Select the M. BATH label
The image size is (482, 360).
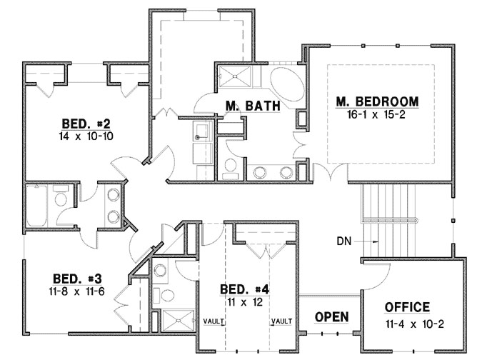pyautogui.click(x=251, y=106)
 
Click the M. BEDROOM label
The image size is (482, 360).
pyautogui.click(x=377, y=101)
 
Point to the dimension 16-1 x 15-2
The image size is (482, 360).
pyautogui.click(x=377, y=114)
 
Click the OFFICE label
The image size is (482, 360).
pyautogui.click(x=407, y=307)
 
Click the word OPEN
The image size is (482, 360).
pyautogui.click(x=331, y=316)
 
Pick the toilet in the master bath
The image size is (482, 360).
pyautogui.click(x=230, y=168)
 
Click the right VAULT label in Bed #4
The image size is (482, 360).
pyautogui.click(x=280, y=321)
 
